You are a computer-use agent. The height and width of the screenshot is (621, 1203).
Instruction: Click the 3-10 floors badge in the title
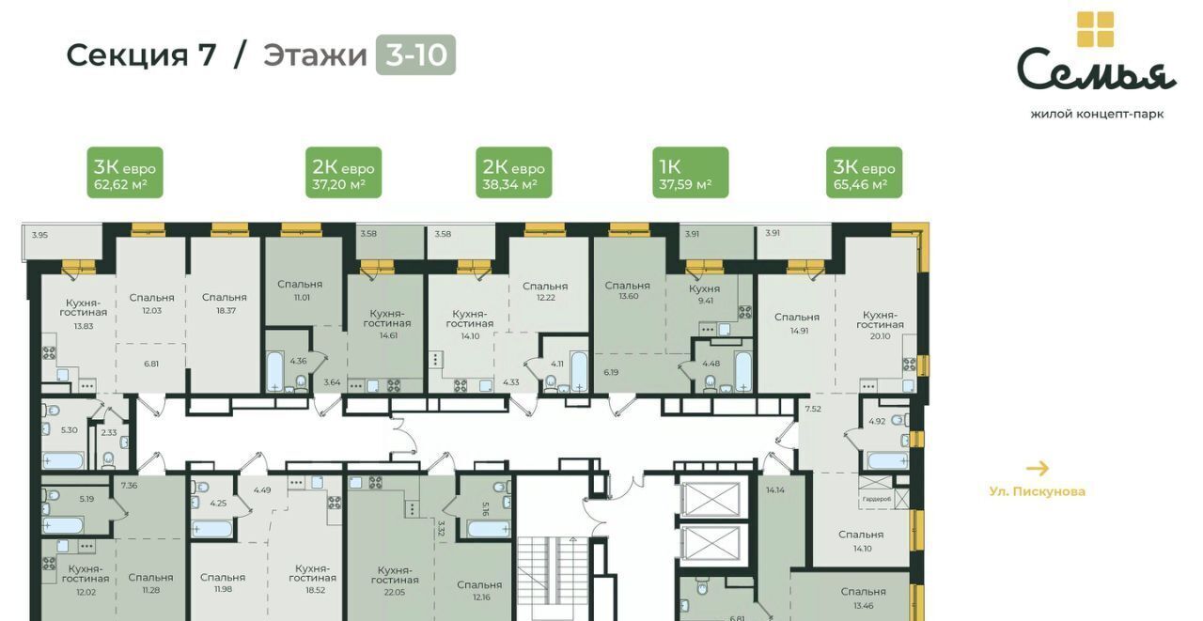tap(415, 54)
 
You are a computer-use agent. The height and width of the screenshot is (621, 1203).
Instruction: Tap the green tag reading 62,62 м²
tap(125, 173)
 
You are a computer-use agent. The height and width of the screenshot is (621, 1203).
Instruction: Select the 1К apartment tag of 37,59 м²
tap(691, 173)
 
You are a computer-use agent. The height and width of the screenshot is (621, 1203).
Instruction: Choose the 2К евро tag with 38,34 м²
tap(514, 173)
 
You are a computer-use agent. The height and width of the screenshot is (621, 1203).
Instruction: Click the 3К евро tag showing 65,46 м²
tap(864, 173)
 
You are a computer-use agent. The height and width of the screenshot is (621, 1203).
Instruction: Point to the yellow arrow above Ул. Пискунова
tap(1037, 469)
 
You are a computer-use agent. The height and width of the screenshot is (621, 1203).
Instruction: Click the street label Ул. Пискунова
tap(1037, 491)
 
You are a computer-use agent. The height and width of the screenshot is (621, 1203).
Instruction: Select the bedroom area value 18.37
tap(227, 311)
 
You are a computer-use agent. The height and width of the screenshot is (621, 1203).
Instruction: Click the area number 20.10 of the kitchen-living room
tap(880, 336)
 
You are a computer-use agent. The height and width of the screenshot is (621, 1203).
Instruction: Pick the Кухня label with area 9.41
tap(704, 288)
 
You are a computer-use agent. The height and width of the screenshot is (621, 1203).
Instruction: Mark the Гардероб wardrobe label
tap(877, 499)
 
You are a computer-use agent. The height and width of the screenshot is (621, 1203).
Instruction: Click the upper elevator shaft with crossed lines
tap(711, 500)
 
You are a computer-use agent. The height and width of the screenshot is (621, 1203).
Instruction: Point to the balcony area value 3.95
tap(39, 235)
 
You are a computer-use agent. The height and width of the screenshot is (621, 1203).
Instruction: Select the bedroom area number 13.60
tap(629, 296)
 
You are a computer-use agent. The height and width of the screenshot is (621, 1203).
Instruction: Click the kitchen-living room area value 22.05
tap(394, 593)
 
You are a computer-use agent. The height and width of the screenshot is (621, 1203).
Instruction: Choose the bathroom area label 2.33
tap(109, 432)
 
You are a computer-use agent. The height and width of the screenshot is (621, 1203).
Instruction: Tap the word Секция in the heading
tap(127, 55)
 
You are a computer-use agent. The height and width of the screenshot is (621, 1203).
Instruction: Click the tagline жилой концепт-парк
tap(1097, 115)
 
